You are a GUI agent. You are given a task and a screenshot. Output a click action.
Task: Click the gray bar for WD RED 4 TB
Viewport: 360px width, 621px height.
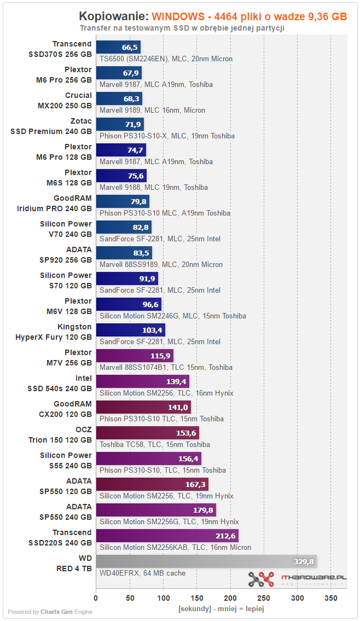(x=206, y=561)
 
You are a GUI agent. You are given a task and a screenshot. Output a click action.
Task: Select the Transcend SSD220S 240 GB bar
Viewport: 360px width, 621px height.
(x=167, y=536)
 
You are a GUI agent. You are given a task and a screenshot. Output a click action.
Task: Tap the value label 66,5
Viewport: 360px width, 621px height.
(x=130, y=47)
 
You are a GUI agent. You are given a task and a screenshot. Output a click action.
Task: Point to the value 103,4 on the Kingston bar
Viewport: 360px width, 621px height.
(x=152, y=330)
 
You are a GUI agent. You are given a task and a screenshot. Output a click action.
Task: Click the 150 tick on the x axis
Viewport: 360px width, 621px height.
(x=197, y=598)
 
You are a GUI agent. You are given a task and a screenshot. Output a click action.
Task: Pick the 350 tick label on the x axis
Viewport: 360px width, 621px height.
(x=331, y=598)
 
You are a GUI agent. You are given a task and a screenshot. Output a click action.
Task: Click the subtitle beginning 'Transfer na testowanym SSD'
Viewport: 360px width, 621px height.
(x=182, y=28)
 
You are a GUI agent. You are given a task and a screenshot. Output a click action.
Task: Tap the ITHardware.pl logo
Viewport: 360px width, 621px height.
(x=298, y=579)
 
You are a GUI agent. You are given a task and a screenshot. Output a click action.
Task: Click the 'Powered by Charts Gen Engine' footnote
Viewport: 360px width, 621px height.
(x=50, y=612)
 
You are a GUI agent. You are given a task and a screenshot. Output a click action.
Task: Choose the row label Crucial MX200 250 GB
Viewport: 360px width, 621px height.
(x=65, y=101)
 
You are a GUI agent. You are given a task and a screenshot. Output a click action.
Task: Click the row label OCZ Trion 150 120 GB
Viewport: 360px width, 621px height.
(x=60, y=435)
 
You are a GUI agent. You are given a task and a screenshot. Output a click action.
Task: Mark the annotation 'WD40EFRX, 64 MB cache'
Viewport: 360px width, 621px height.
(x=143, y=573)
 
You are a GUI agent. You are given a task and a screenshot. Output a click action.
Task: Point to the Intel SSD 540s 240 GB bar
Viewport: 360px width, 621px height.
(x=143, y=381)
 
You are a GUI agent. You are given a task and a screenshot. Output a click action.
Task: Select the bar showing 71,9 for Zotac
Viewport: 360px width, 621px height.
(x=120, y=124)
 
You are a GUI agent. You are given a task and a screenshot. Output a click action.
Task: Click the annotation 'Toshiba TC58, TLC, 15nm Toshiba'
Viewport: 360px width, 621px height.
(x=155, y=444)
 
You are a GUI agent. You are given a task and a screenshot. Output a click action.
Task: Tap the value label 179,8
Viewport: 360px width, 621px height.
(x=203, y=510)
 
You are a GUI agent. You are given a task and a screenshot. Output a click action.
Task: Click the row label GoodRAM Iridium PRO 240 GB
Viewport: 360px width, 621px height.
(x=54, y=204)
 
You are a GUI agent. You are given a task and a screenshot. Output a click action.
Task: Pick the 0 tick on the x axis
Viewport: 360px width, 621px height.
(x=96, y=598)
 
